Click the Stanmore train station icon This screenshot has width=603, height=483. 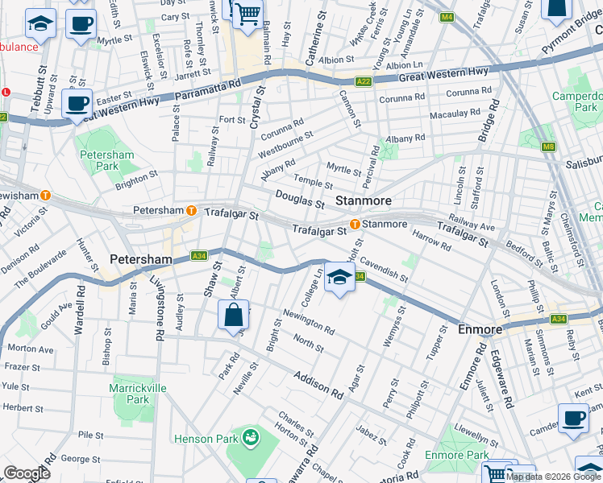354,224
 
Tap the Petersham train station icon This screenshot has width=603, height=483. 192,211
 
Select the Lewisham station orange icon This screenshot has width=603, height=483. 46,195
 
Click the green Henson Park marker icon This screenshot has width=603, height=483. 251,439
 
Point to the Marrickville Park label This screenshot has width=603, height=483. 130,394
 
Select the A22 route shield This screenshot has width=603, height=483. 364,81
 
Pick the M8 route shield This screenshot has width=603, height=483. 548,146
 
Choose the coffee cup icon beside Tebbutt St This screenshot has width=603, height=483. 77,103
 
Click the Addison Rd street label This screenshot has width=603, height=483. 318,385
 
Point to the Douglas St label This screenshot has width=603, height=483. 299,199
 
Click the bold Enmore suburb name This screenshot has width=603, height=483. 480,330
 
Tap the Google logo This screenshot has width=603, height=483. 27,474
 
